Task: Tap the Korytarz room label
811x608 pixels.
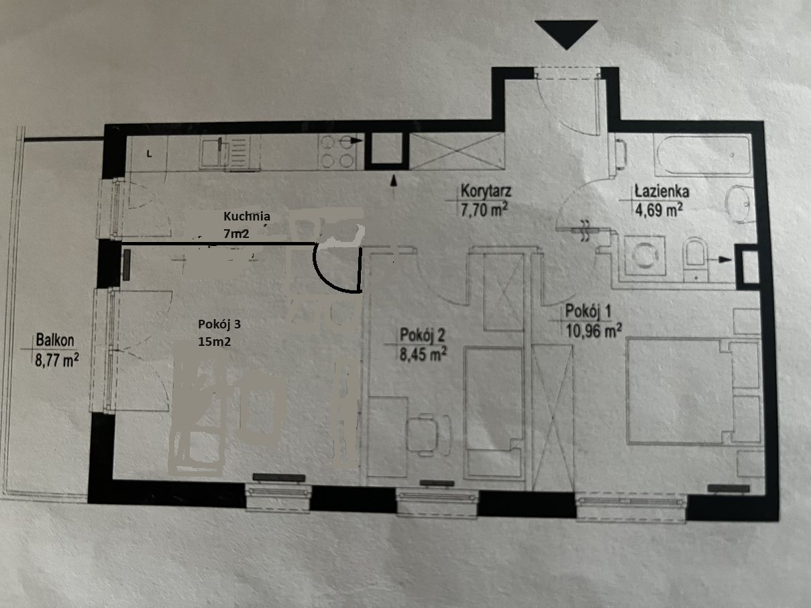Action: click(486, 192)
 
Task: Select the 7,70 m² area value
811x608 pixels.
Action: click(484, 210)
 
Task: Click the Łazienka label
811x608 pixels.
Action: click(661, 191)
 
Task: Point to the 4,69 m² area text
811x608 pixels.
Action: click(659, 210)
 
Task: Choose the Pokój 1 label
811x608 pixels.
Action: click(588, 312)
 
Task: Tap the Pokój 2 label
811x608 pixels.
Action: click(423, 335)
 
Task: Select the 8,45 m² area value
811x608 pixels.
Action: click(423, 354)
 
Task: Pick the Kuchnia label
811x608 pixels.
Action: click(247, 217)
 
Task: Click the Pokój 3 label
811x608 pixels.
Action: click(219, 324)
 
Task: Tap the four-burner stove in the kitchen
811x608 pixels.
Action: click(337, 151)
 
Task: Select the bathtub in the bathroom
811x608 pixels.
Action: click(702, 154)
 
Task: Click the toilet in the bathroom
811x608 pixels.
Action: click(695, 258)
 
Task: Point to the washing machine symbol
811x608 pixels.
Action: click(645, 255)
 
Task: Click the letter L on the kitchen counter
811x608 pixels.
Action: click(150, 154)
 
